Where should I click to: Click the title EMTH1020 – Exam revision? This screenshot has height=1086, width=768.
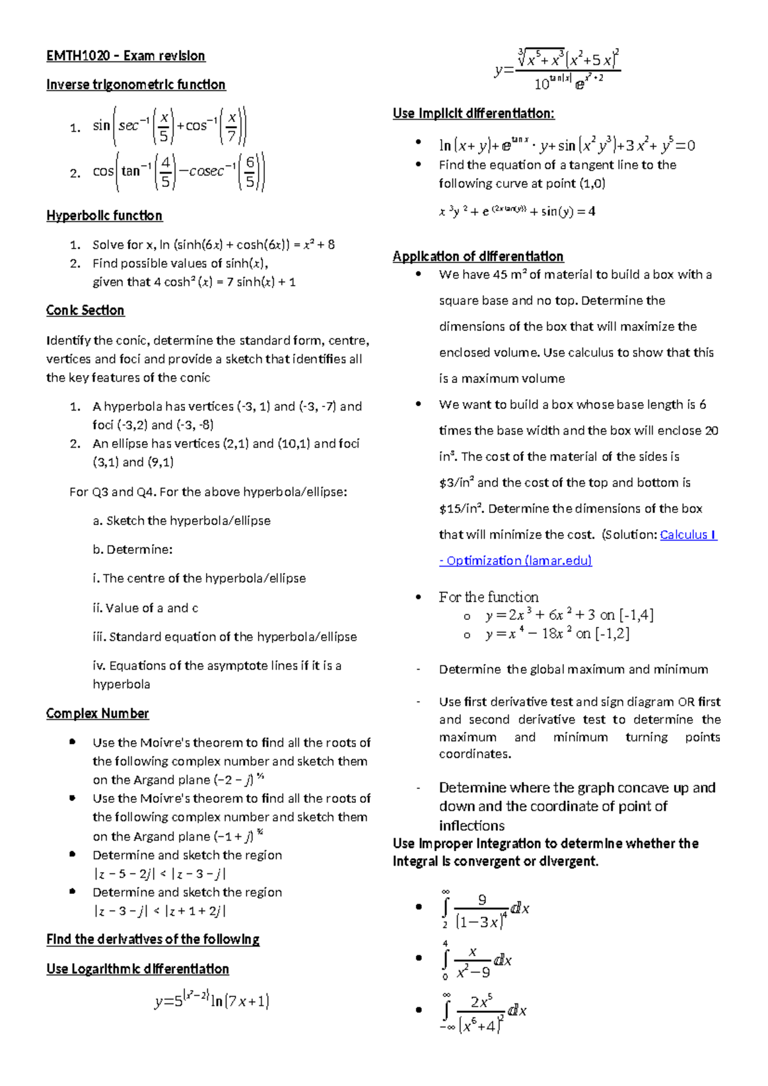click(x=125, y=56)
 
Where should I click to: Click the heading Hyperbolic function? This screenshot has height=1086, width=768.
click(x=104, y=216)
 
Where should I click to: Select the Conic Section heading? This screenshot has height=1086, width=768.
click(x=85, y=311)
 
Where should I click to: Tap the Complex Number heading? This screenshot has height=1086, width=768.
click(x=97, y=713)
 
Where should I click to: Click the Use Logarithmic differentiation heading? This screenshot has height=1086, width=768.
click(x=138, y=969)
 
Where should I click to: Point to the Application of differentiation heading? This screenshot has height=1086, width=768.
click(x=478, y=257)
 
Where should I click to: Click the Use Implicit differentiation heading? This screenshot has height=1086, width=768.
click(x=474, y=114)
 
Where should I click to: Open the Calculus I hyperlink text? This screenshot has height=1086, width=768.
click(x=688, y=535)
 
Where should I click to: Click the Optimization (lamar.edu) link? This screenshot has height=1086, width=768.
click(x=515, y=561)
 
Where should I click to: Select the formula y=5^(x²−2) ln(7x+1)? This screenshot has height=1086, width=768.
click(x=212, y=1000)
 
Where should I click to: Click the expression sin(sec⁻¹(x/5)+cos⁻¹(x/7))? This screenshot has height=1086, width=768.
click(x=170, y=126)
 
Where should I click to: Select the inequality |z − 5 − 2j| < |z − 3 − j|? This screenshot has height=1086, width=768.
click(x=159, y=874)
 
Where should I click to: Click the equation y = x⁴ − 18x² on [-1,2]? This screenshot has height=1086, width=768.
click(x=557, y=634)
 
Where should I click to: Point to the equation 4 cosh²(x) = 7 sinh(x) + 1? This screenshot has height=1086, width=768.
click(x=194, y=282)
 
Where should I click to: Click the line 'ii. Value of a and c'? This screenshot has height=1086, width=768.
click(x=145, y=608)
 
